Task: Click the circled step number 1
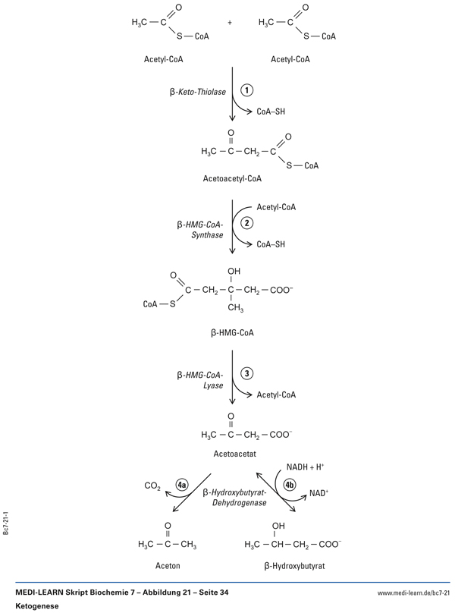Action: click(x=246, y=90)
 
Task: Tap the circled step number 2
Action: click(x=246, y=222)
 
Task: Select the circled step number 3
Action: click(x=246, y=373)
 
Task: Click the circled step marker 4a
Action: click(x=181, y=484)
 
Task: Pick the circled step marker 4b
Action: click(x=290, y=484)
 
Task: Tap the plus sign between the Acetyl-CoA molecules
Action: click(x=230, y=23)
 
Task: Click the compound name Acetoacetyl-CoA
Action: click(x=233, y=179)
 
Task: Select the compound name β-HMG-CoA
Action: click(x=232, y=332)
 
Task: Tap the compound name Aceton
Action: click(x=168, y=565)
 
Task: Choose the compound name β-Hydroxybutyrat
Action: click(x=292, y=565)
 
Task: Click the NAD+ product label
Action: click(x=318, y=494)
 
